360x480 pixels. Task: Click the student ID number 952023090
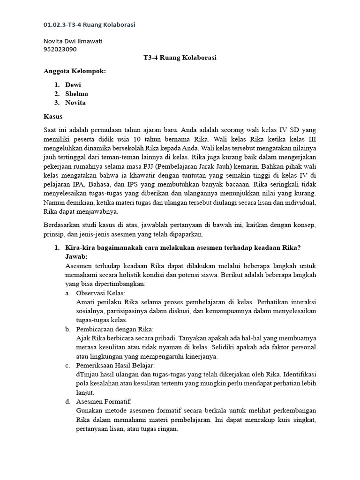[60, 49]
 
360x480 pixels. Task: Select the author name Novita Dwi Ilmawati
[73, 41]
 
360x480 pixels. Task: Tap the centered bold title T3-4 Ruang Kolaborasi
[180, 58]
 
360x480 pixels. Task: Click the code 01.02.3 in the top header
[55, 24]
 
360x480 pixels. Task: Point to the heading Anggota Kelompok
[75, 71]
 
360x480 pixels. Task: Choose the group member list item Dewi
[73, 85]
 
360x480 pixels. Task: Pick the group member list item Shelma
[76, 94]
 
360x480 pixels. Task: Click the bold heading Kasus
[52, 116]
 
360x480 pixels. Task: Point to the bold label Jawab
[76, 256]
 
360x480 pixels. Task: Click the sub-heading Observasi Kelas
[97, 293]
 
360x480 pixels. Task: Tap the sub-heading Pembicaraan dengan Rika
[114, 329]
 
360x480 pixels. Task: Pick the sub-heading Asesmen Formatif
[104, 401]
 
